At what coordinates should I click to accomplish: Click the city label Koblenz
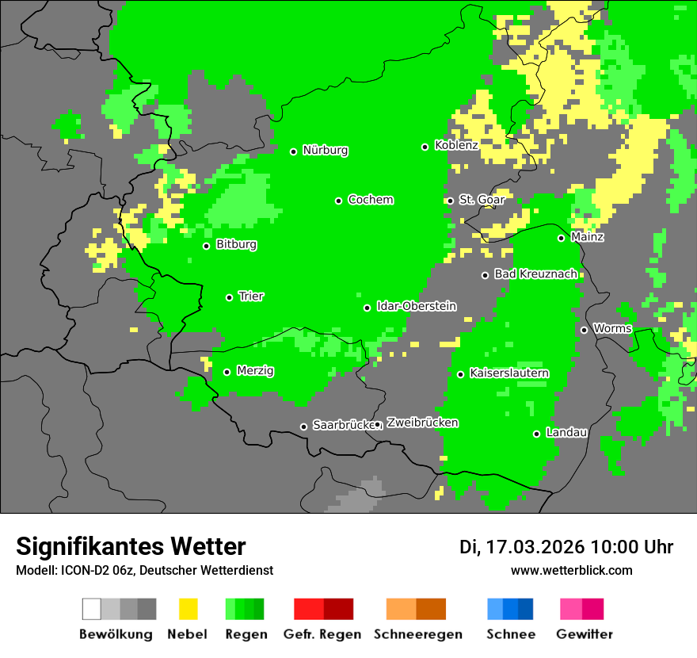point(456,146)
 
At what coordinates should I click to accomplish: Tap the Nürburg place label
point(325,151)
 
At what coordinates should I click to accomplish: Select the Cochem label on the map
point(370,200)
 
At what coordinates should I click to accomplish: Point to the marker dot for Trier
point(230,297)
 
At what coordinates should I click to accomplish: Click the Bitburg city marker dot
point(207,246)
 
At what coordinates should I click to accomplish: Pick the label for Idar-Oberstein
point(416,307)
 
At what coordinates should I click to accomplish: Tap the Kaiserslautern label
point(509,373)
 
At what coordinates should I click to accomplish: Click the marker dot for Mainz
point(562,238)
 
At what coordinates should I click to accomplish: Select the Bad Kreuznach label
point(535,274)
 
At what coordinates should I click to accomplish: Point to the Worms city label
point(612,329)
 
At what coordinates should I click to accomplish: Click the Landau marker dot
point(537,434)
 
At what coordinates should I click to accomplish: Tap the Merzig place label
point(255,371)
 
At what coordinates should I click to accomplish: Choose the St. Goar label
point(482,200)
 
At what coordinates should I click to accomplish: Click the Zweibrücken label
point(422,423)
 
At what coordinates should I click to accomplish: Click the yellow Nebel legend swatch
point(188,609)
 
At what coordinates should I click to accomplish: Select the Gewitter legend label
point(585,634)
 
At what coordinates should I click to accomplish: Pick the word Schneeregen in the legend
point(418,634)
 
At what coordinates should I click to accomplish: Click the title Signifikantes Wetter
point(131,547)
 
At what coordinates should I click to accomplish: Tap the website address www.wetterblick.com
point(572,571)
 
